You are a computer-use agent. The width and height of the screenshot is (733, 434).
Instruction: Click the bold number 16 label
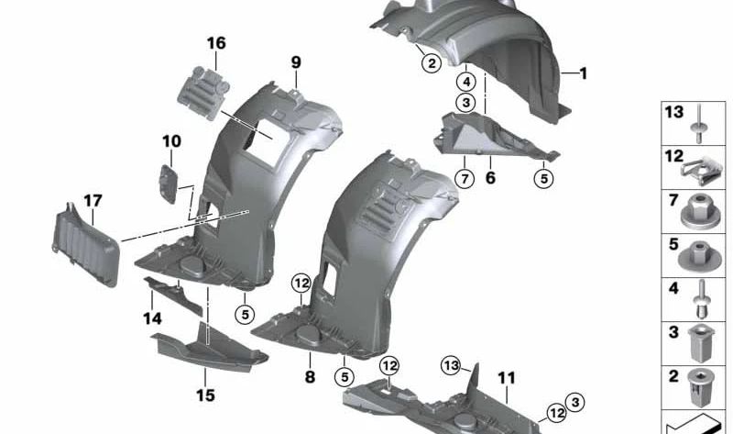click(x=215, y=43)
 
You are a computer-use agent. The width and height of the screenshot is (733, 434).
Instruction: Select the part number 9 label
click(x=296, y=62)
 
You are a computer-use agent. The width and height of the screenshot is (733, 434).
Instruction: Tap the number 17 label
click(x=93, y=200)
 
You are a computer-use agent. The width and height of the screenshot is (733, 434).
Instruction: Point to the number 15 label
click(x=205, y=395)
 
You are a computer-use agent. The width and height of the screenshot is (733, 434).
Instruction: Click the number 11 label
click(x=507, y=377)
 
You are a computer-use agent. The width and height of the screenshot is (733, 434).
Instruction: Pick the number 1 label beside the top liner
click(x=584, y=72)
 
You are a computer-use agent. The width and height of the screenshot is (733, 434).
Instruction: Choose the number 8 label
click(x=310, y=376)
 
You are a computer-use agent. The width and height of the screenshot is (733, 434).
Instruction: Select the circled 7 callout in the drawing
click(x=465, y=178)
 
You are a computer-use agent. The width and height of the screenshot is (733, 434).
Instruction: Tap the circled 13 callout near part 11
click(x=450, y=364)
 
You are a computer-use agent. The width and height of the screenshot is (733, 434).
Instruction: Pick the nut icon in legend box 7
click(x=699, y=212)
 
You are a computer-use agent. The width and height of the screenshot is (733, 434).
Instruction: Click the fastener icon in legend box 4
click(x=699, y=297)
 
